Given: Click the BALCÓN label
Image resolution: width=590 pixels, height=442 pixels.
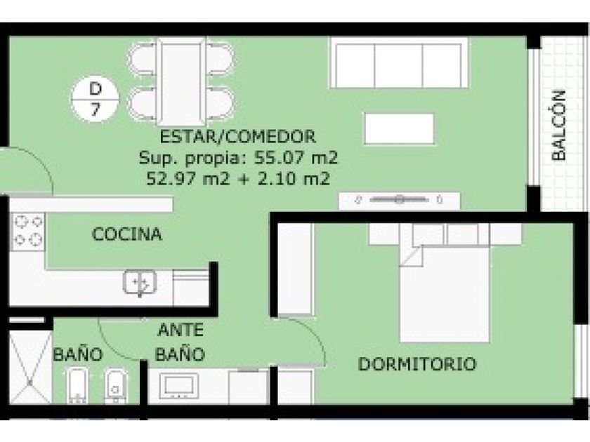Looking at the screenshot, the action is [x=559, y=126].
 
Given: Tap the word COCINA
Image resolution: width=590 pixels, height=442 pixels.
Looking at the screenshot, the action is [x=127, y=234].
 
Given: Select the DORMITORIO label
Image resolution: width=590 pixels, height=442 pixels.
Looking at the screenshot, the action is [x=417, y=364].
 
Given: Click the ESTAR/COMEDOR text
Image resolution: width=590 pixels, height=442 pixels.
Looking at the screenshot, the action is [x=238, y=136].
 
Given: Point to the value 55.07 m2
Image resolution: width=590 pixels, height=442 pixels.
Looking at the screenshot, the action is [x=296, y=157].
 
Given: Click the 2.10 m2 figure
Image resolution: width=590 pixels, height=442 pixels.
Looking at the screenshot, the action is [x=294, y=178].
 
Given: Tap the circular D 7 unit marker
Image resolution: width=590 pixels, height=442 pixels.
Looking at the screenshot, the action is [x=96, y=99].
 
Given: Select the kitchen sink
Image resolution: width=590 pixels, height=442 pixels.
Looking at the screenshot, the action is [x=140, y=282].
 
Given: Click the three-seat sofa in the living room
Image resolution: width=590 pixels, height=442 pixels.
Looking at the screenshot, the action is [x=399, y=62].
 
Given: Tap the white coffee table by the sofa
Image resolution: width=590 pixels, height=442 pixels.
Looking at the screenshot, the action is [x=399, y=129].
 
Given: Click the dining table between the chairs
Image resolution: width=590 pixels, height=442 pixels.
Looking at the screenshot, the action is [x=182, y=81].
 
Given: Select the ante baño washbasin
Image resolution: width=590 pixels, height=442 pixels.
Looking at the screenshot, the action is [x=178, y=386].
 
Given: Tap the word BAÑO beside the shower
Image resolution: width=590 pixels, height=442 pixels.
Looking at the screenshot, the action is [x=78, y=354].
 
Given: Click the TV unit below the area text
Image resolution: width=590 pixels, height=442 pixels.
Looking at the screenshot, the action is [x=399, y=201].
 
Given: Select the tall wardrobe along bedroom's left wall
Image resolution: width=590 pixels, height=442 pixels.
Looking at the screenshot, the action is [x=295, y=269].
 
